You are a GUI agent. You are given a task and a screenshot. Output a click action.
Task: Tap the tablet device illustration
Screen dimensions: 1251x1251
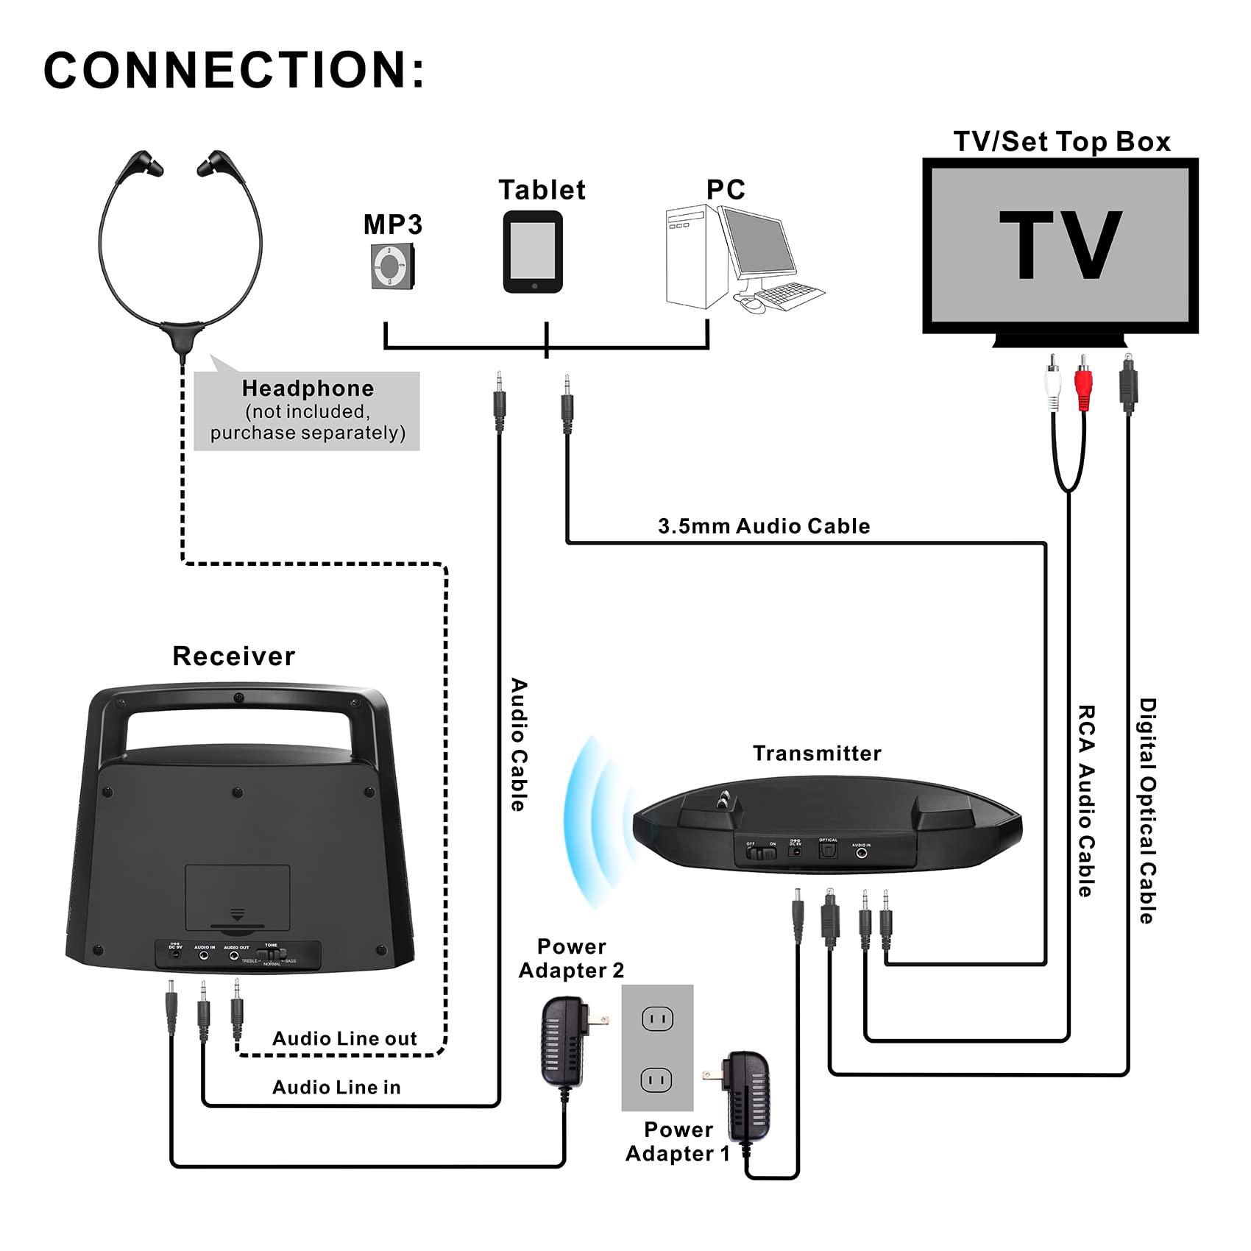tap(533, 252)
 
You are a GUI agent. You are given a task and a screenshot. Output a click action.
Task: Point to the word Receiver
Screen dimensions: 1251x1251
tap(233, 656)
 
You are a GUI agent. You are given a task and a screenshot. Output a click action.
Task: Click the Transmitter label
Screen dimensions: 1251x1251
tap(817, 754)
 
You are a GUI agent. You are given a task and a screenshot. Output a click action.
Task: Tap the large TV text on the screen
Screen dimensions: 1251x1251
tap(1060, 244)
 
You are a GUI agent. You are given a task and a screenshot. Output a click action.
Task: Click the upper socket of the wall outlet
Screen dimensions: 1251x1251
tap(657, 1019)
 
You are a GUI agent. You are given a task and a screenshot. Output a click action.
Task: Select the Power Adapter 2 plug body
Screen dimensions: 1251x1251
tap(564, 1042)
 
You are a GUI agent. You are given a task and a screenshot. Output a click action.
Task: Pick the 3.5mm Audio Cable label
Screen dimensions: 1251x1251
tap(763, 526)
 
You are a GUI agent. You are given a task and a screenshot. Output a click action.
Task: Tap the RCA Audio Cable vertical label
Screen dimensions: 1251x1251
tap(1086, 801)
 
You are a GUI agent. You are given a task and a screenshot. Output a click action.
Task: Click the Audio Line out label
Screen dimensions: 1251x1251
tap(344, 1038)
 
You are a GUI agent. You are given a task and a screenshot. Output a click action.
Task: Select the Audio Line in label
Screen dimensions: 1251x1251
tap(336, 1087)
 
